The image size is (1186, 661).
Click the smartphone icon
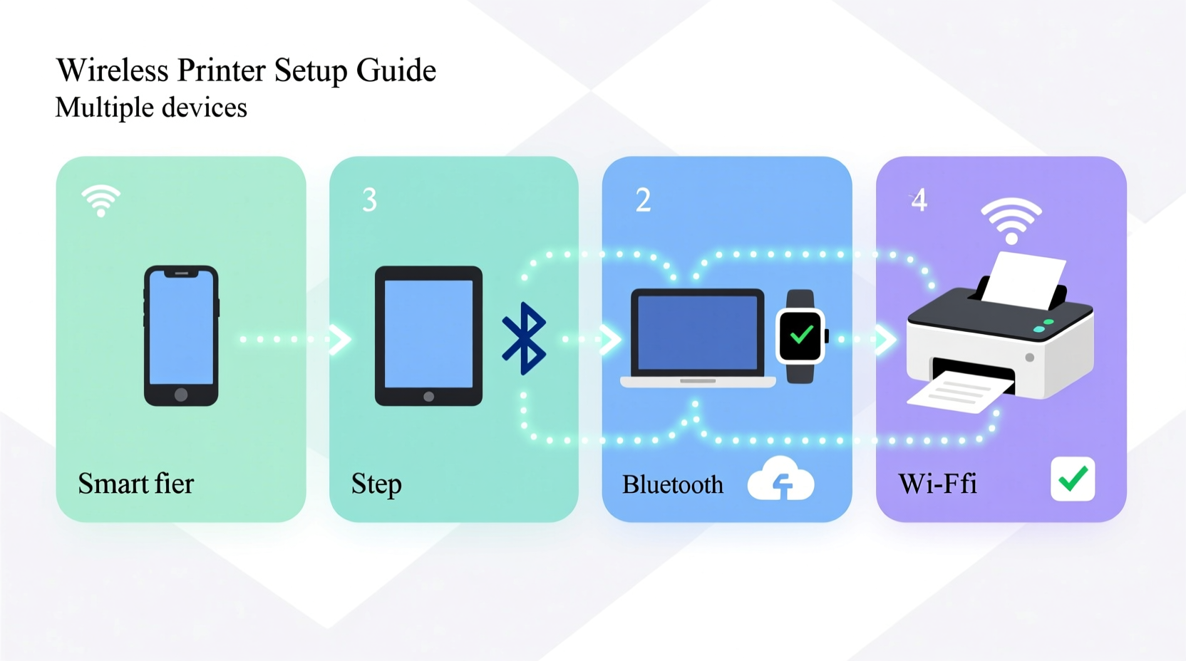181,335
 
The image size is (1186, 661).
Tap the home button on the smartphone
181,395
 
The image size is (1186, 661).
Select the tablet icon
428,335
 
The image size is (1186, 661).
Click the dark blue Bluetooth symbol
525,338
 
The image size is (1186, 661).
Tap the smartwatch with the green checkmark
801,336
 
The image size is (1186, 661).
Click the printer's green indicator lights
1043,326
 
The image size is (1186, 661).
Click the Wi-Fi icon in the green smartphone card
100,200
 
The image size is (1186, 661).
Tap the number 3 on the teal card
369,200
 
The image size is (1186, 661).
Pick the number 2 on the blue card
643,200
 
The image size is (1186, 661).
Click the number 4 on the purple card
919,200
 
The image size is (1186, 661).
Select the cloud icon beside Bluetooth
780,480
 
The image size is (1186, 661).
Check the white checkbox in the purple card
1073,479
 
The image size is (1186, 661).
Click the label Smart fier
135,484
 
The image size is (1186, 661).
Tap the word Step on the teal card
376,484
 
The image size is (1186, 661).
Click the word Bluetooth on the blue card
672,485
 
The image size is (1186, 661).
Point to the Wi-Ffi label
937,484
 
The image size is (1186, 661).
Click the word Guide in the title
396,70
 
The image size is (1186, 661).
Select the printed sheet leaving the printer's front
959,394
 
